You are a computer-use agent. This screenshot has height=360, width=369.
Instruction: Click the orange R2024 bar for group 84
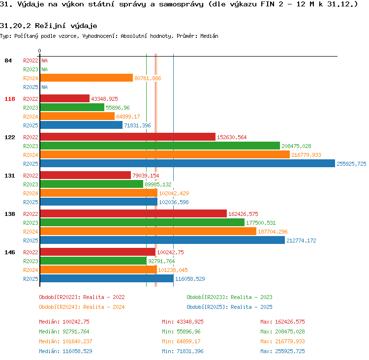87,78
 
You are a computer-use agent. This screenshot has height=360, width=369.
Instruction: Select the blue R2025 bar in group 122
187,164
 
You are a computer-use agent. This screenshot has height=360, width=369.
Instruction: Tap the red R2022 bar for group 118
65,98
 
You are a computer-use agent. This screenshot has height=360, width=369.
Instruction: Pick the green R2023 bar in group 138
142,222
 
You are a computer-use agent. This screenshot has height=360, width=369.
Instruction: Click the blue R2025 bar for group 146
107,278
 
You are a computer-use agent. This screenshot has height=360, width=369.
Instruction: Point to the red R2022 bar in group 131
86,175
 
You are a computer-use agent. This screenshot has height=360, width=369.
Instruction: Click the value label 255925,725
351,164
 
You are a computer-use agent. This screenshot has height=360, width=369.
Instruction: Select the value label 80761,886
148,78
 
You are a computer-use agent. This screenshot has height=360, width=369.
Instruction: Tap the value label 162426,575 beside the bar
243,214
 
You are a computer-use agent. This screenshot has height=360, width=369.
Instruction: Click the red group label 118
10,99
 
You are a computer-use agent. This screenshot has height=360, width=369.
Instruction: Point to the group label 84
8,60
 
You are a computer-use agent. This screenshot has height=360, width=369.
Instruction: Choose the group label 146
10,252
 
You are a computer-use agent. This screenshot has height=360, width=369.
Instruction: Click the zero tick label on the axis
39,51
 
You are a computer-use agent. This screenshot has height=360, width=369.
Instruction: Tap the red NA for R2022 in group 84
44,60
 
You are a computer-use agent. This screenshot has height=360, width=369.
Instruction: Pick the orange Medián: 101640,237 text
65,341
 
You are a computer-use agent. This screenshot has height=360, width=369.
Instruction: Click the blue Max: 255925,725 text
282,351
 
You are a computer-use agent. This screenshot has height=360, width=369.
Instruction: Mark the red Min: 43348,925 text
183,322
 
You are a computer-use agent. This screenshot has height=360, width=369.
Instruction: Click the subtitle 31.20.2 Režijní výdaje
49,26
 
